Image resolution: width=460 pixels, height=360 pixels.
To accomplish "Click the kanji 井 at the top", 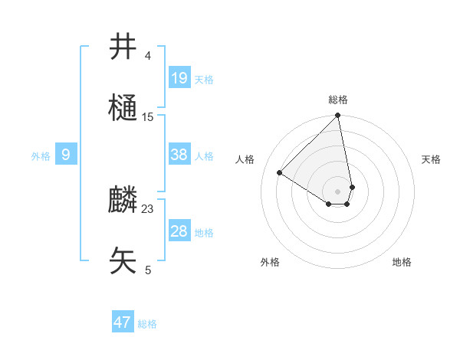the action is [123, 47].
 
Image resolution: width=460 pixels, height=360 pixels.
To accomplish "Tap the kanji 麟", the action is [123, 200].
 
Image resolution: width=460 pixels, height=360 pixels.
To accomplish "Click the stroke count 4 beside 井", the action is [148, 55].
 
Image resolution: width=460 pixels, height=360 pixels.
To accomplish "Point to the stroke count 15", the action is [148, 116].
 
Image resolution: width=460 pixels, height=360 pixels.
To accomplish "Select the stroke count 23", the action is [148, 208].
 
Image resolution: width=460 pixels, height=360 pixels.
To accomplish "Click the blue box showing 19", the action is [179, 77].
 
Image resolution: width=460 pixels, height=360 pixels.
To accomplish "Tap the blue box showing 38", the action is [179, 155].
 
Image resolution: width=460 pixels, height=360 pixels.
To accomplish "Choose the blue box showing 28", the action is [179, 231].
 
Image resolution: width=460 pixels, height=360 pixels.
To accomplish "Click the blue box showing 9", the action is [66, 155].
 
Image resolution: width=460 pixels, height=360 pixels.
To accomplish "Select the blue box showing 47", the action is [123, 322].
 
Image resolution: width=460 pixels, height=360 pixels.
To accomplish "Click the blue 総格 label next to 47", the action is [147, 324].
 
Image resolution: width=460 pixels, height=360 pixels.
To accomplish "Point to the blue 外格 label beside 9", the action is [41, 156].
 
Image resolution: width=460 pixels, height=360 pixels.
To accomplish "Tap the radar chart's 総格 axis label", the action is [338, 100].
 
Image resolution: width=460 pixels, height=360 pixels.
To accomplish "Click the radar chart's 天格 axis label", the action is [431, 159].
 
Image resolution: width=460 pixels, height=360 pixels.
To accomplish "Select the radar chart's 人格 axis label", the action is [245, 159].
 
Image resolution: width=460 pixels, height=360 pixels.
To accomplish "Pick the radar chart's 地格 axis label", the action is [402, 262].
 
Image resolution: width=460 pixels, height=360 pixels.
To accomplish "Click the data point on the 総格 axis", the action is [338, 116].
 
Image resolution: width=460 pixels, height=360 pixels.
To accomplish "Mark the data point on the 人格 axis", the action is [280, 173].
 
